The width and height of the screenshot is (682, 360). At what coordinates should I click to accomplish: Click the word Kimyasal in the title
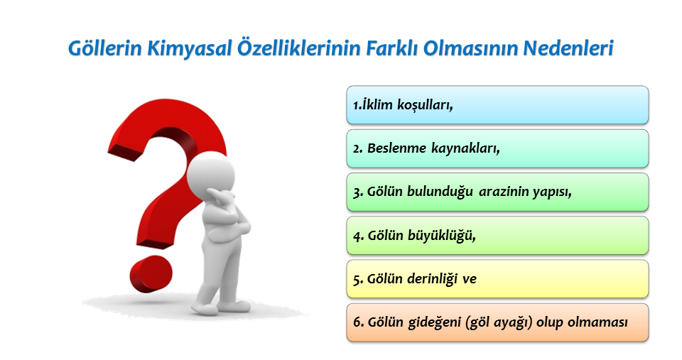click(189, 48)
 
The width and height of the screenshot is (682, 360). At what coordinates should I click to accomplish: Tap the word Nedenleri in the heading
click(568, 48)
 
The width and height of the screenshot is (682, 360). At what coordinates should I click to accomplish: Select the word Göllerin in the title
click(105, 48)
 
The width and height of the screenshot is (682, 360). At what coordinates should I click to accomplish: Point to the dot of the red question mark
click(151, 273)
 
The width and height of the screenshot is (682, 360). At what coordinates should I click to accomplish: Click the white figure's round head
click(210, 175)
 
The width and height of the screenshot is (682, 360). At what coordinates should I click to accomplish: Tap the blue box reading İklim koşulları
click(497, 105)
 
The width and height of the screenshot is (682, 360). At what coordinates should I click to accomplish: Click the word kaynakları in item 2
click(465, 148)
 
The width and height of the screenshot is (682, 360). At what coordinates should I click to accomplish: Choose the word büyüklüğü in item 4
click(441, 236)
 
